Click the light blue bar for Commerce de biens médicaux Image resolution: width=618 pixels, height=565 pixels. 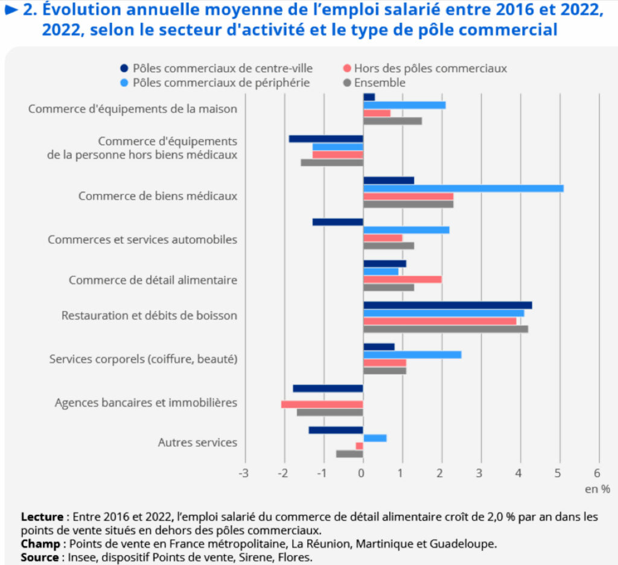click(x=463, y=188)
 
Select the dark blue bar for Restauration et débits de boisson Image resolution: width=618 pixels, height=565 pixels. click(x=447, y=305)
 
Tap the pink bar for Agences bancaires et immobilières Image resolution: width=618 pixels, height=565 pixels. click(x=322, y=404)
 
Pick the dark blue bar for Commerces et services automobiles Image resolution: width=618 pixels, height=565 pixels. click(x=338, y=222)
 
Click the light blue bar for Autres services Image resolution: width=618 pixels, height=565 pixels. click(x=375, y=438)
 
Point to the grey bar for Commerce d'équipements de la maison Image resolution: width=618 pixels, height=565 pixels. click(x=392, y=121)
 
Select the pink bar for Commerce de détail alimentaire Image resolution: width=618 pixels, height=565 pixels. click(x=402, y=279)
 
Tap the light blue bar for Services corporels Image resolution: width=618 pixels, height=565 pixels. click(x=412, y=355)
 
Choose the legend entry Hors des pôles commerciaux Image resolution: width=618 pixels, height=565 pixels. click(x=425, y=69)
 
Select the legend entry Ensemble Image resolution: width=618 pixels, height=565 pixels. click(x=374, y=83)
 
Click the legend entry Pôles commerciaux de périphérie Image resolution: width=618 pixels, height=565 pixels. click(x=215, y=83)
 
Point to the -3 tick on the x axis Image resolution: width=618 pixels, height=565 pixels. click(x=244, y=473)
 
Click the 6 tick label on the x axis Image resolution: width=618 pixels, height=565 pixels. click(x=598, y=473)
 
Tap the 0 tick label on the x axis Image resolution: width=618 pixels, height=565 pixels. click(x=362, y=473)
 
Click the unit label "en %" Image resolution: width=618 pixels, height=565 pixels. click(x=597, y=489)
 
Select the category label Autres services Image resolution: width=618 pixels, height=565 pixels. click(x=197, y=442)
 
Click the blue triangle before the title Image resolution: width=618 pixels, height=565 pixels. click(x=11, y=9)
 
